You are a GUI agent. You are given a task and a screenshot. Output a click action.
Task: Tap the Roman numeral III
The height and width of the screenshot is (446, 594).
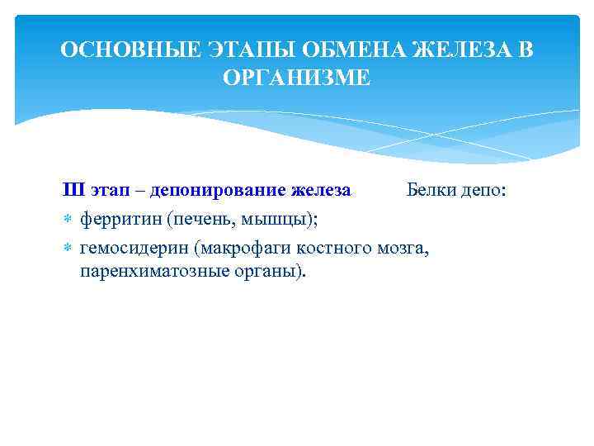(74, 191)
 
